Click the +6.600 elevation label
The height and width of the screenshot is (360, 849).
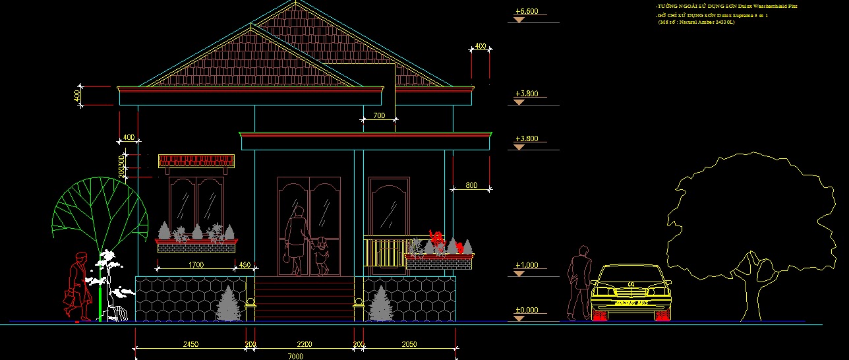pos(527,11)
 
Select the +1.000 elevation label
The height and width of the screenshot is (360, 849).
pos(527,265)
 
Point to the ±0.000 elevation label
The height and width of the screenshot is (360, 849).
pos(527,310)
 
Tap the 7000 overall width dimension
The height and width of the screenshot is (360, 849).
pos(295,356)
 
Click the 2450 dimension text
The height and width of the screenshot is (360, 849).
pos(191,344)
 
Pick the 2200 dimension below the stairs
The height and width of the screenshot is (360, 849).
pos(304,344)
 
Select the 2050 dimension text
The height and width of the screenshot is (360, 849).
pos(409,344)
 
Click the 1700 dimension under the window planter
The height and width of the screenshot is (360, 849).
pos(196,265)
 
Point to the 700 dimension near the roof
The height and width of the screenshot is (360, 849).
pos(379,116)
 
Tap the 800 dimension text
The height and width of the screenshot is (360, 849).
pos(471,186)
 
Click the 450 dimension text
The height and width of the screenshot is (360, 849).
pos(245,265)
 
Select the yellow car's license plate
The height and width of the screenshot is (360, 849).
pos(631,303)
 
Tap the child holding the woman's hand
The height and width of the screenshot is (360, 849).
pos(321,256)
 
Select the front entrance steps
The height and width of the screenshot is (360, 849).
pos(305,299)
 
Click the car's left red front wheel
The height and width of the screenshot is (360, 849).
pos(600,315)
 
